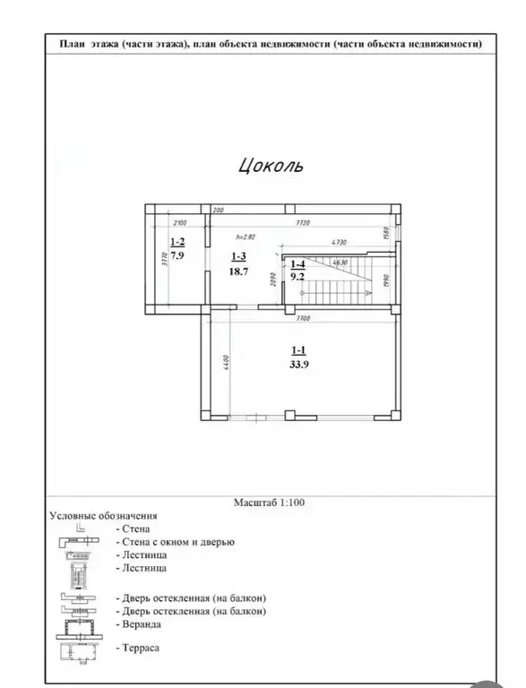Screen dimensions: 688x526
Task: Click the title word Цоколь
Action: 271,165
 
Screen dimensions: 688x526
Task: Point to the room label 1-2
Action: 177,242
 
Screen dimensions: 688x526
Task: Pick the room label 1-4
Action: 297,264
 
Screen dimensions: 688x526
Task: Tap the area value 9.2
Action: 297,277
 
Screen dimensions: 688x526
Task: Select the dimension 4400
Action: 228,364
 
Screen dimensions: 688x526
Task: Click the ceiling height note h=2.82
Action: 246,237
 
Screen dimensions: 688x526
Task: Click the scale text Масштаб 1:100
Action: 269,503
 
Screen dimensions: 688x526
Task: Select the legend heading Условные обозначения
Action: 103,516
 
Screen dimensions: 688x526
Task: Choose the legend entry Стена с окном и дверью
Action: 175,542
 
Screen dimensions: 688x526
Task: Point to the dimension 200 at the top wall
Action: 216,210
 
